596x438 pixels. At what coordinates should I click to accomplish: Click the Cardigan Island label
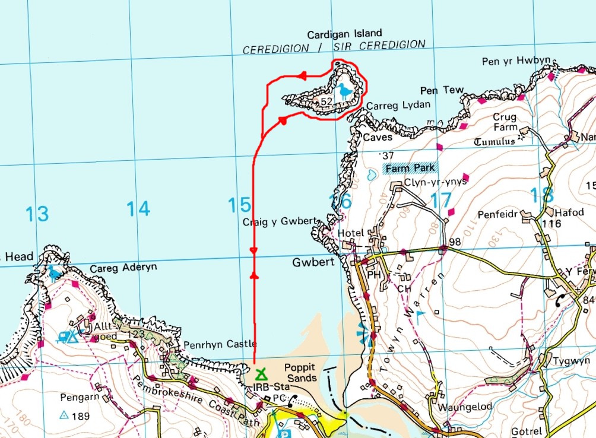tap(344, 33)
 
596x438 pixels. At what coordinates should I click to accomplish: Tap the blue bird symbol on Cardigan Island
tap(344, 91)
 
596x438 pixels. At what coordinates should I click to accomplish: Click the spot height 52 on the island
tap(326, 102)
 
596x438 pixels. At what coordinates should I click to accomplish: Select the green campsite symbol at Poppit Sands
tap(260, 374)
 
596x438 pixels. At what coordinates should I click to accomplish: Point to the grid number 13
tap(37, 214)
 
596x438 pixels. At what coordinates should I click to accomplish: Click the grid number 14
tap(138, 208)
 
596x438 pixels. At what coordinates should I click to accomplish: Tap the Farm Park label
tap(411, 168)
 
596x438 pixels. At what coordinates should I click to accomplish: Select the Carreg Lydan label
tap(397, 106)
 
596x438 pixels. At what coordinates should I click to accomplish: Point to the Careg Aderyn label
tap(123, 268)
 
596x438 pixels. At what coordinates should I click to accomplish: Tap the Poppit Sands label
tap(300, 373)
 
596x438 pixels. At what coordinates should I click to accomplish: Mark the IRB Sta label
tap(262, 388)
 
